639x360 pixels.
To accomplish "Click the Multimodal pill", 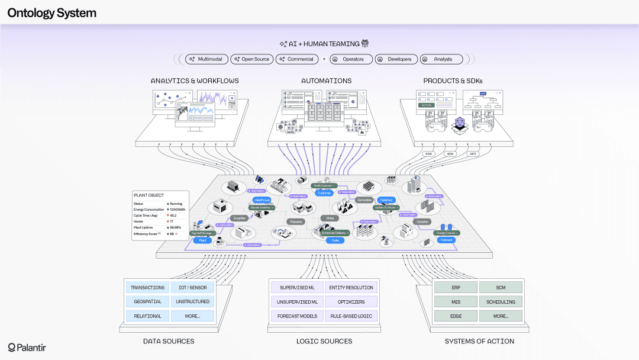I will (x=206, y=59).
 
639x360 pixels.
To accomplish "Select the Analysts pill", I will (x=441, y=59).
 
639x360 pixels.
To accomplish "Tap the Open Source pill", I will (x=251, y=59).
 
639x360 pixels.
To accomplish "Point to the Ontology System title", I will (x=51, y=13).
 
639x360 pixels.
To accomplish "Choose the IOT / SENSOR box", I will (x=192, y=288).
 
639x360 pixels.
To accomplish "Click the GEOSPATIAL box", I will (x=147, y=302).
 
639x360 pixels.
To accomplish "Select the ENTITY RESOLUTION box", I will (x=351, y=288).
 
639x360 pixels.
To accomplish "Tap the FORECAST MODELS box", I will (x=298, y=316).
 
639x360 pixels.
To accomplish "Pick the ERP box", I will (x=456, y=288).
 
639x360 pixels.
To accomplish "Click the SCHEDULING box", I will (x=501, y=302).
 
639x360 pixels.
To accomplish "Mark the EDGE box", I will (x=456, y=316).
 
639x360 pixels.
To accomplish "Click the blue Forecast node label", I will (x=447, y=240).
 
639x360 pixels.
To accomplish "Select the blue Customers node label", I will (x=324, y=193).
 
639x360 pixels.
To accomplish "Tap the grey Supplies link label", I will (x=238, y=218).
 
